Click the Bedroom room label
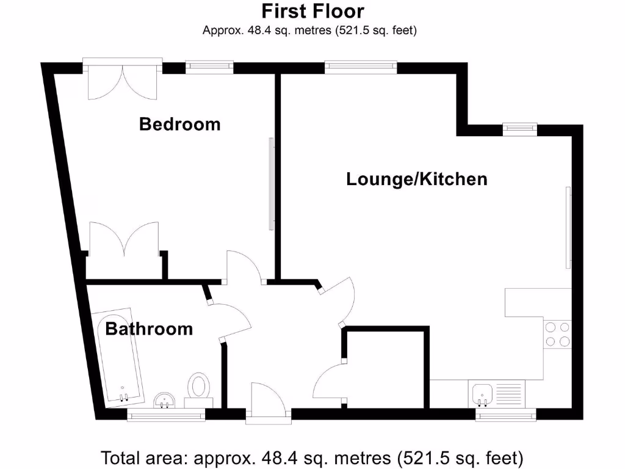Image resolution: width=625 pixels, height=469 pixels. (x=179, y=124)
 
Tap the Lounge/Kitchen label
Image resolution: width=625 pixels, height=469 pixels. (x=417, y=179)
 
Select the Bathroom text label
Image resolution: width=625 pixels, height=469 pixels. (x=149, y=329)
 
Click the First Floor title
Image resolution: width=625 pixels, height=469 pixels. (x=312, y=11)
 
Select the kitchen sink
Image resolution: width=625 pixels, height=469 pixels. (x=483, y=393)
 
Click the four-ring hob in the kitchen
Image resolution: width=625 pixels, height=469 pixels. (x=557, y=334)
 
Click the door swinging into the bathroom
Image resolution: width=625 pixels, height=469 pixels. (x=231, y=316)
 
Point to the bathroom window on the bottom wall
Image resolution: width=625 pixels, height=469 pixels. (x=166, y=415)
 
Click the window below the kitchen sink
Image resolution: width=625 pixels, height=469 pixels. (x=506, y=415)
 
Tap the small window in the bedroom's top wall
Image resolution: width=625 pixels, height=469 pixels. (x=209, y=66)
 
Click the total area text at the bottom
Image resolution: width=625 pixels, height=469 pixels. (x=312, y=457)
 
